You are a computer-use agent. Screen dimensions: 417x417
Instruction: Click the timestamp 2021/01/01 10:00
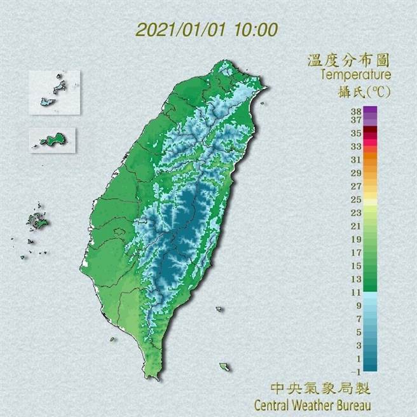tap(207, 30)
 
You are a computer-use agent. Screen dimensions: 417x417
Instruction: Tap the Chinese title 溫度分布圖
tap(348, 61)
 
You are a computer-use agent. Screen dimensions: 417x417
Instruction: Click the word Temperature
tap(355, 76)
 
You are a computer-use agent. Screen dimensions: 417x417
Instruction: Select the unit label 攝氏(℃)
tap(364, 91)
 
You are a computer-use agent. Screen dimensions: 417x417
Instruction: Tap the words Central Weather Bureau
tap(312, 404)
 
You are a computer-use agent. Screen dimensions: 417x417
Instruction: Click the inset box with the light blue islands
tap(54, 93)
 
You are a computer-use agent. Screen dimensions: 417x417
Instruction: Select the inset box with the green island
tap(53, 140)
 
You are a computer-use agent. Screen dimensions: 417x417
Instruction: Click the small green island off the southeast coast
tap(224, 367)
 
